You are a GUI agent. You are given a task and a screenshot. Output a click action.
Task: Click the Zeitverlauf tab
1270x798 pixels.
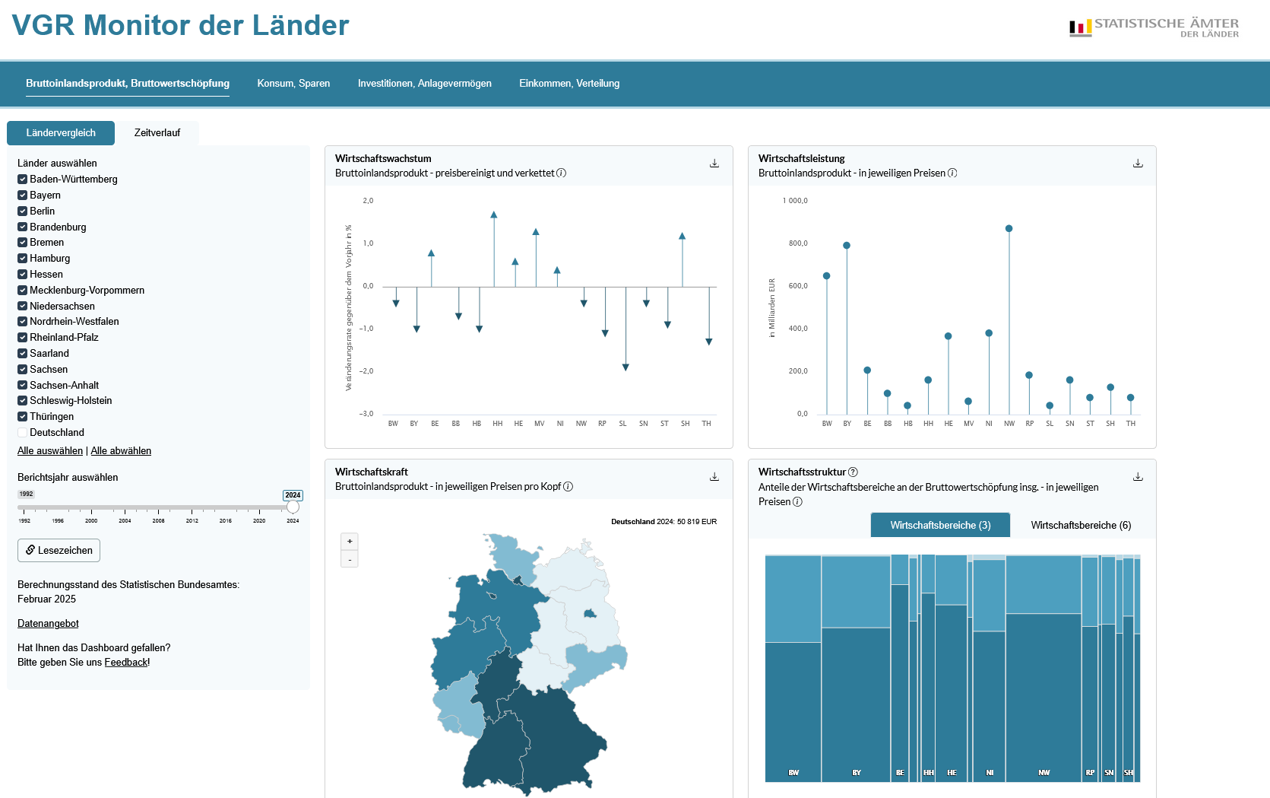pos(157,133)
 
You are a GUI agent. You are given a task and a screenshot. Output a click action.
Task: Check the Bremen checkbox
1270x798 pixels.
pos(23,243)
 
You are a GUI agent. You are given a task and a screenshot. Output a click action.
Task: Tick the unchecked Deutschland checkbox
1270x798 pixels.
pos(23,433)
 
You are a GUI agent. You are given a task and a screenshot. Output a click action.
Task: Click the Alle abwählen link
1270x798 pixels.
pos(121,451)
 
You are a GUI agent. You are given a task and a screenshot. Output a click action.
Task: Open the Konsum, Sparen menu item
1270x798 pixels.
pos(293,84)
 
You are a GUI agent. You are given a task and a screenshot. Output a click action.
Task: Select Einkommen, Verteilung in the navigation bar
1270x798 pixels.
pos(569,84)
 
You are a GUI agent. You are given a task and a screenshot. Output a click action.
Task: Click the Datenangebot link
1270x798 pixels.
pos(48,624)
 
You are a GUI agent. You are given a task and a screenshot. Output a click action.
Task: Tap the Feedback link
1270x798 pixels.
pos(126,663)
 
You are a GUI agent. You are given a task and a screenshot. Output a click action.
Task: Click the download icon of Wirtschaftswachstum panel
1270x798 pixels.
pos(714,164)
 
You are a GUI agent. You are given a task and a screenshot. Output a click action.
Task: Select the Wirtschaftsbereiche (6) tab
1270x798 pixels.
pos(1081,526)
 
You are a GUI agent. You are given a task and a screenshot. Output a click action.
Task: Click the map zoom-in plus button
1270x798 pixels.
pos(350,542)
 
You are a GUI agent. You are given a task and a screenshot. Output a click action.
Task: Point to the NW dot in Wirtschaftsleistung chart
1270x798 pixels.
pos(1009,228)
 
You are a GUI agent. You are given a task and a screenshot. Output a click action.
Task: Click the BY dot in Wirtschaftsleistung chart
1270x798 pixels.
pos(847,246)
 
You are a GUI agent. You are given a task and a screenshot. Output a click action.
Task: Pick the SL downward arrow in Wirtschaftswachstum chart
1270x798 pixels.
pos(625,367)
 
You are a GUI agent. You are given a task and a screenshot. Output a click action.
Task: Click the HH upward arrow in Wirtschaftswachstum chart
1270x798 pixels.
pos(494,215)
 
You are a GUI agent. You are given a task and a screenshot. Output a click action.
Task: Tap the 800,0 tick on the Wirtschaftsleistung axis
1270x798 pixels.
pos(798,243)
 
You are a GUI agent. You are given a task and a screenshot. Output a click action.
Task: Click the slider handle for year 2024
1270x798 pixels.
pos(293,507)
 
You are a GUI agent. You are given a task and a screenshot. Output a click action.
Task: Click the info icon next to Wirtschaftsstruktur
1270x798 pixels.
pos(853,472)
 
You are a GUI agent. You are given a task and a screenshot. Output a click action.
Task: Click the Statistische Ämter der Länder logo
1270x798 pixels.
pos(1154,28)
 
